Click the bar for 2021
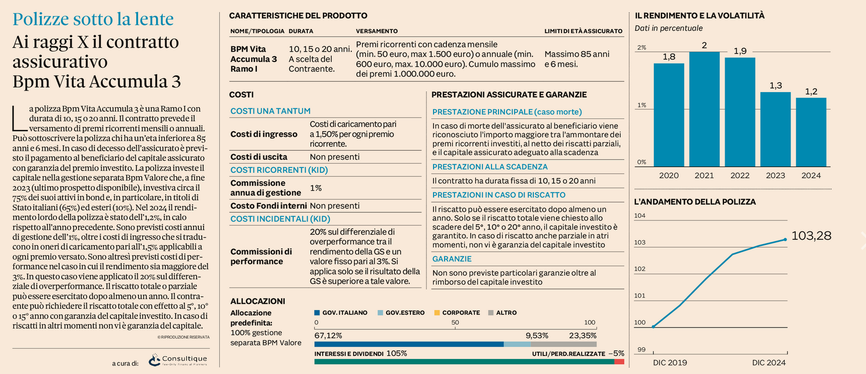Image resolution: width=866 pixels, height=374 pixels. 704,109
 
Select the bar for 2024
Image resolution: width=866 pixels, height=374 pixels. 811,132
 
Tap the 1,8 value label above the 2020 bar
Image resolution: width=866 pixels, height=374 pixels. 669,57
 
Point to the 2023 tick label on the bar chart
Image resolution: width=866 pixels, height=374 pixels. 776,175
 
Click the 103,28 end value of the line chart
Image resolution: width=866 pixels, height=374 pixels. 811,235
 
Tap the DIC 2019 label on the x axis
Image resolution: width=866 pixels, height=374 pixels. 670,362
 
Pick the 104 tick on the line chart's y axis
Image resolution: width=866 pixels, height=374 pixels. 640,216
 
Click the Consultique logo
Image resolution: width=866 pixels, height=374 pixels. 178,360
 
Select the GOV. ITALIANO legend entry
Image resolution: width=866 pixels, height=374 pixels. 341,313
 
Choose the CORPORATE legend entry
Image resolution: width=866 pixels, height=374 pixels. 457,313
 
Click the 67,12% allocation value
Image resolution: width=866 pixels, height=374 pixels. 328,335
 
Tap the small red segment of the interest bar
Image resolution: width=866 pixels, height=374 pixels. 619,362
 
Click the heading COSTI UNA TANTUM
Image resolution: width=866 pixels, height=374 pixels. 270,111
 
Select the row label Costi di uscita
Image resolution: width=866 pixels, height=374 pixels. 259,157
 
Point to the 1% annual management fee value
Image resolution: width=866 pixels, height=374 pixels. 315,188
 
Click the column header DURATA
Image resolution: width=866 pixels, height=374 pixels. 301,31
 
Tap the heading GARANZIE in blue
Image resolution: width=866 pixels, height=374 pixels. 452,259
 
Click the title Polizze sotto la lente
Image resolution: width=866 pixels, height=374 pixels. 93,19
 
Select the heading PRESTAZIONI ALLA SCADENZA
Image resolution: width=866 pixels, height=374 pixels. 490,166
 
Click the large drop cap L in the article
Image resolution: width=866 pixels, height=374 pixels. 19,118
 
